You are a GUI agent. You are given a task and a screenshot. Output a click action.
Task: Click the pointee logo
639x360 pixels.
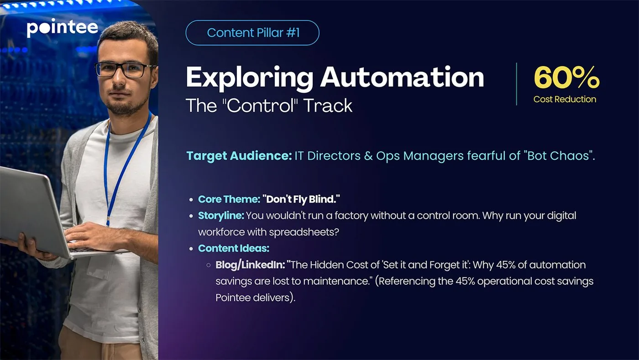click(62, 28)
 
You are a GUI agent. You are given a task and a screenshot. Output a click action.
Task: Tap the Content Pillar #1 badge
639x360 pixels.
click(252, 33)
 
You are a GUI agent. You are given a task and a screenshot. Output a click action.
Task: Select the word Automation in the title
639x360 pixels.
click(402, 77)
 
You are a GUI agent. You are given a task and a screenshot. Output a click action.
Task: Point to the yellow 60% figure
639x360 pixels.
click(566, 77)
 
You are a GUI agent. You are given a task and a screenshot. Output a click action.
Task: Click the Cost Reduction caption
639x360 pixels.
click(565, 99)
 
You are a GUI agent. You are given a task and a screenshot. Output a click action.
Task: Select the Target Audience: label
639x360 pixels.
click(239, 156)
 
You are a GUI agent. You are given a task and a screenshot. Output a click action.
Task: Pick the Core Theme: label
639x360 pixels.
click(229, 199)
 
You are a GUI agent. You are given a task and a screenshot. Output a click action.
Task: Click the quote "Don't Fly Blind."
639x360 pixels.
click(301, 199)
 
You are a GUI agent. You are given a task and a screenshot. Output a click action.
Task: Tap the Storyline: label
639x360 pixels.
click(221, 216)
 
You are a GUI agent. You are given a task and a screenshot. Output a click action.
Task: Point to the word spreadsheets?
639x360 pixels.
click(304, 232)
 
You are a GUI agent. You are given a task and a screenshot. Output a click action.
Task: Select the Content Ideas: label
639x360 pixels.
click(234, 249)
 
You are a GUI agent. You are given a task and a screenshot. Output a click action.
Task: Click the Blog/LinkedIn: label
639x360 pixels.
click(250, 265)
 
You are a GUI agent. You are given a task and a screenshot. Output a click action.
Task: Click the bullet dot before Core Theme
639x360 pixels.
click(191, 200)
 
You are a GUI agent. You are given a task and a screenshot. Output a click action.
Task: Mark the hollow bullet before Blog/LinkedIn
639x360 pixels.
click(209, 265)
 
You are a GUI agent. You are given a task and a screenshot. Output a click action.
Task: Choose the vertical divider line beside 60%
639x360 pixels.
click(516, 84)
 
